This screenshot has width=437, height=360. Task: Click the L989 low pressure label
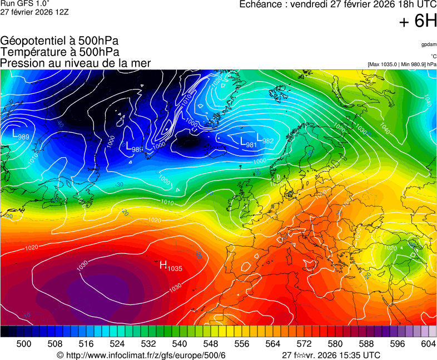pyautogui.click(x=21, y=134)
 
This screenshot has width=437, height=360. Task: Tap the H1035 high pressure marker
pyautogui.click(x=171, y=266)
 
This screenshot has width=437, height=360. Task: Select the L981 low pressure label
pyautogui.click(x=248, y=143)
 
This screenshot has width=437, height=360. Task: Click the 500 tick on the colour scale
pyautogui.click(x=24, y=344)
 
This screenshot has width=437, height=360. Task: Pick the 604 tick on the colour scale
pyautogui.click(x=428, y=344)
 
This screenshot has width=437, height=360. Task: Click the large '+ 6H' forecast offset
pyautogui.click(x=418, y=22)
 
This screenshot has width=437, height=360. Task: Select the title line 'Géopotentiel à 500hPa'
pyautogui.click(x=59, y=41)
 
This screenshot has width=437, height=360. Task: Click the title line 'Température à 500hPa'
pyautogui.click(x=59, y=52)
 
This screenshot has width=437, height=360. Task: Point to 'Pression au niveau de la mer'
pyautogui.click(x=76, y=63)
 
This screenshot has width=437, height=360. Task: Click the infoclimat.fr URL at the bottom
pyautogui.click(x=141, y=355)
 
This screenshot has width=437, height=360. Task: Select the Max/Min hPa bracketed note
pyautogui.click(x=402, y=64)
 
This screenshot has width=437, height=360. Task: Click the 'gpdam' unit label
pyautogui.click(x=428, y=44)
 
